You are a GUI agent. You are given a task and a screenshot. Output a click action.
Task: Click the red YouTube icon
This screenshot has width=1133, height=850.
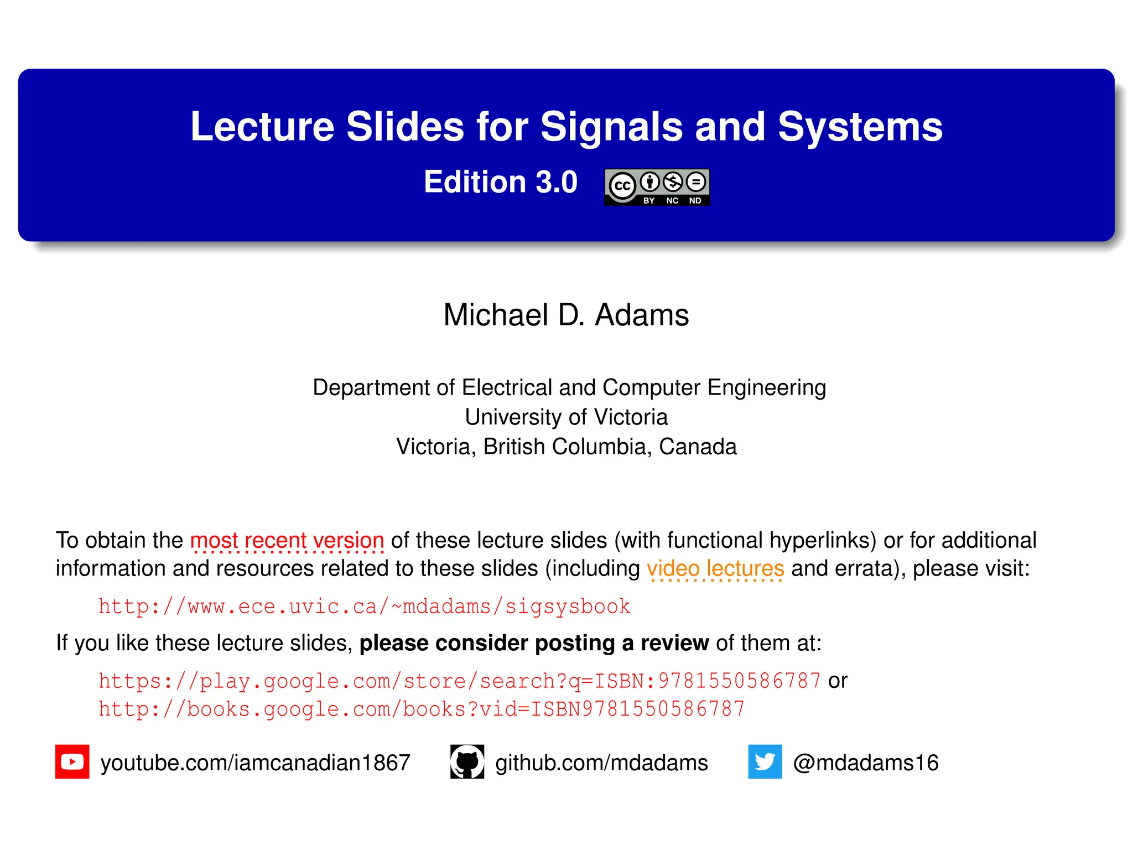point(72,761)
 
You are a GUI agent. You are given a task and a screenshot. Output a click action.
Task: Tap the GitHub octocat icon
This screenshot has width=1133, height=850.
point(467,761)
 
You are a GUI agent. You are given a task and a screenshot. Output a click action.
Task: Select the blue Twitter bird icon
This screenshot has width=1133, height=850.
point(765,761)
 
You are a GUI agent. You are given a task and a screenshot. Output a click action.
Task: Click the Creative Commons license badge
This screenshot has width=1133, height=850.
point(657,187)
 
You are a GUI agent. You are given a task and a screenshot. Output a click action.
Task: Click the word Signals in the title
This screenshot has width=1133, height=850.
point(611,127)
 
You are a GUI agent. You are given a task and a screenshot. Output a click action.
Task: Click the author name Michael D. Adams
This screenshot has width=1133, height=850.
point(566,315)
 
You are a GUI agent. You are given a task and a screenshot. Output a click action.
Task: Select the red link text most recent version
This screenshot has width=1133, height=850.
point(287,540)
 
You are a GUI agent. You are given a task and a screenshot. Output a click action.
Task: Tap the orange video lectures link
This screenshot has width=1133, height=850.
point(715,568)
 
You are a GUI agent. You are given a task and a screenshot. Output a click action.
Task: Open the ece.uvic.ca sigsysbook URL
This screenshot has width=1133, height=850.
point(364,607)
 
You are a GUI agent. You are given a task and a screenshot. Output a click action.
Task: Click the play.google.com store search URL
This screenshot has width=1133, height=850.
point(459,681)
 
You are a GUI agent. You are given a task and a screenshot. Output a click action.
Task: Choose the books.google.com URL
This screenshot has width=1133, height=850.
point(422,709)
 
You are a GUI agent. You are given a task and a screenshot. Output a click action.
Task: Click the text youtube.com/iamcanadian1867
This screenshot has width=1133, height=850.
point(255,763)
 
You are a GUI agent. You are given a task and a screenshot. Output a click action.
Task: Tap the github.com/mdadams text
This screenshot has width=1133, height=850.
point(601,763)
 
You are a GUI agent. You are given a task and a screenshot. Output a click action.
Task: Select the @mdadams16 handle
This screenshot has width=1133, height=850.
point(865,763)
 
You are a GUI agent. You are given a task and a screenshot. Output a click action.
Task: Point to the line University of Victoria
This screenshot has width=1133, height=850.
point(566,417)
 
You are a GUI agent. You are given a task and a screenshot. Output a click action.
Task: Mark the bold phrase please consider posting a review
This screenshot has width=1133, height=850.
point(534,643)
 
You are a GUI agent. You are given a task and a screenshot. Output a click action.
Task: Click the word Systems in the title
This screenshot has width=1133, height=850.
point(860,127)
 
